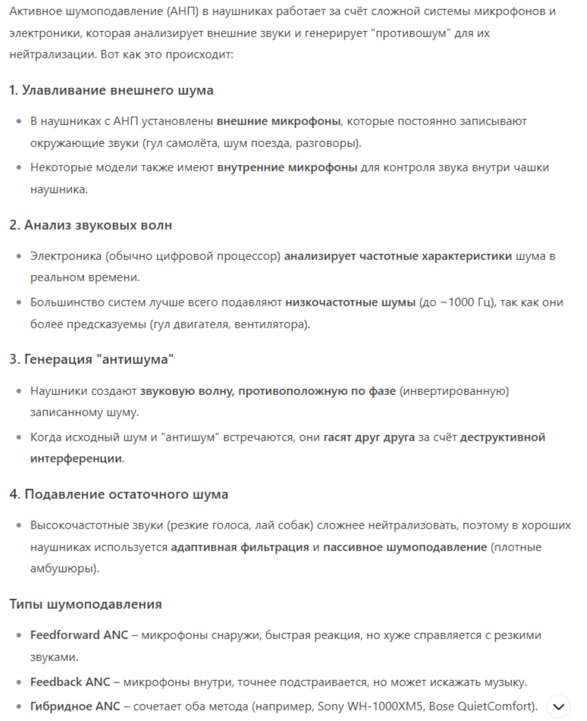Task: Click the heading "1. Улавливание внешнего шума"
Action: click(111, 90)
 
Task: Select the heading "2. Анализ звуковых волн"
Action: click(90, 225)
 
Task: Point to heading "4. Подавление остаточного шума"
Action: click(118, 494)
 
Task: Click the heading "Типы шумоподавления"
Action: click(85, 604)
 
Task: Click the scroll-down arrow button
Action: click(558, 707)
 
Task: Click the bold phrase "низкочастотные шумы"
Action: click(350, 302)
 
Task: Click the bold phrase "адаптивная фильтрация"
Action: click(240, 547)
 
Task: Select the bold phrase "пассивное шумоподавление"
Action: click(405, 547)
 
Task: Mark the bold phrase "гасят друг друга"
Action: click(369, 437)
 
